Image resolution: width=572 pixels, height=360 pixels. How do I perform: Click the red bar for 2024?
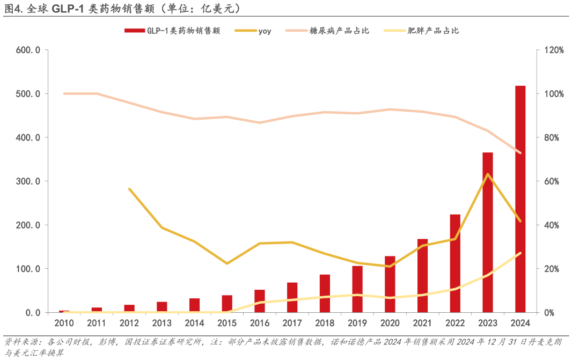coord(520,199)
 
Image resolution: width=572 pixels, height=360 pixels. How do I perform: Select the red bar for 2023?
coord(487,232)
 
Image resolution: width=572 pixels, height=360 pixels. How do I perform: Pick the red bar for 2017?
coord(292,297)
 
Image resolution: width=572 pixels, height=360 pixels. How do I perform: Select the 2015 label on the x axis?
coord(227,323)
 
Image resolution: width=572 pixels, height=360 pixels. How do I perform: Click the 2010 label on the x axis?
coord(64,323)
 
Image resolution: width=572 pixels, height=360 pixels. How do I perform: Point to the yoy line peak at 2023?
coord(487,174)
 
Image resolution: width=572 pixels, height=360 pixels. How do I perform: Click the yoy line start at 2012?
coord(129,189)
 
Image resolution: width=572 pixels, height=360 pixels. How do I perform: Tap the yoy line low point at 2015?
coord(227,263)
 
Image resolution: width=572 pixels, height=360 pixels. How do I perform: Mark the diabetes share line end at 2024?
coord(520,152)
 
